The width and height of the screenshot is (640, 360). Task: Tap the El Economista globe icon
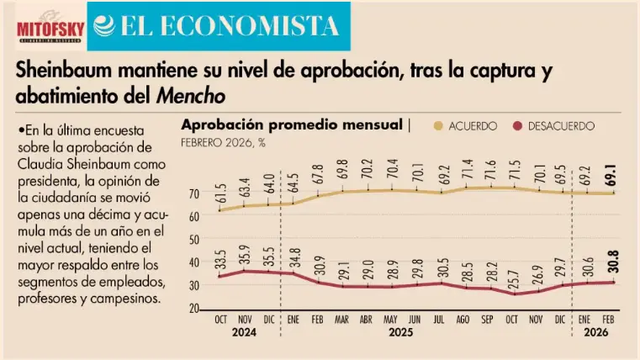(x=107, y=27)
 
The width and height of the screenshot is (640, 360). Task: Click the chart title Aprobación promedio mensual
(x=292, y=125)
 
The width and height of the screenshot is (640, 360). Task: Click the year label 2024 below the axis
(x=246, y=334)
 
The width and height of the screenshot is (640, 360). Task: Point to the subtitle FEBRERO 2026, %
(x=224, y=142)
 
